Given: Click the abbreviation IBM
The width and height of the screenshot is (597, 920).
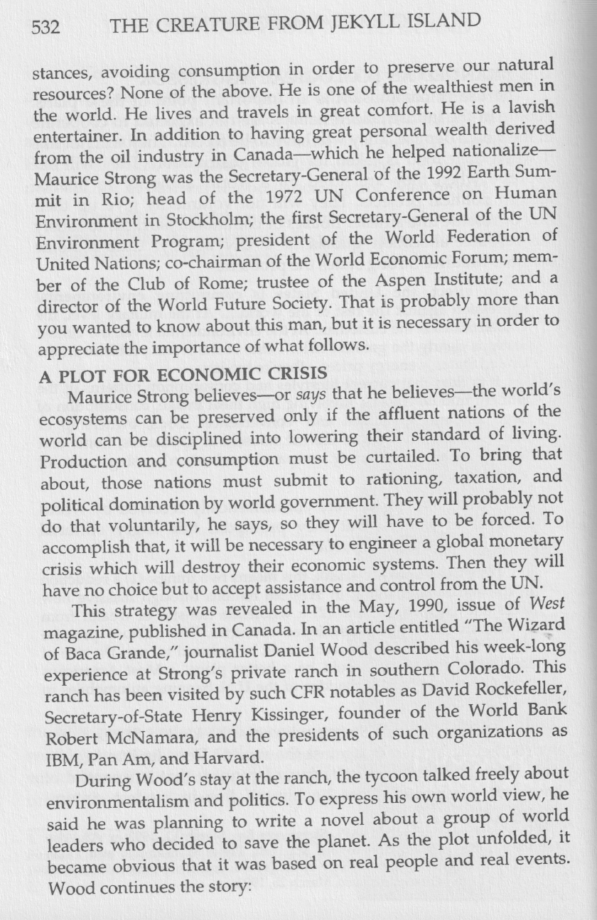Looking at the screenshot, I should tap(52, 749).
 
